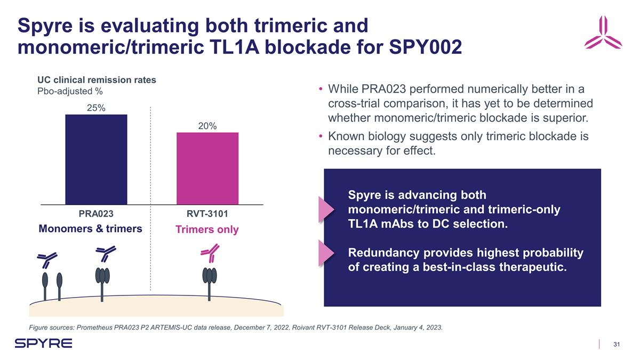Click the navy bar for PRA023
pos(96,159)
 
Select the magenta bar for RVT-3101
pos(207,168)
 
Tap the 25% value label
pos(96,108)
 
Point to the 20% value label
pos(207,126)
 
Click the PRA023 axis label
pos(96,214)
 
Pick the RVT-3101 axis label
pos(207,214)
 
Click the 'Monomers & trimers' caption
pos(91,229)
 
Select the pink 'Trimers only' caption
pos(207,230)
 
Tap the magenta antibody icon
pos(210,252)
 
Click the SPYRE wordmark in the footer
pos(43,343)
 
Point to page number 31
pos(618,344)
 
